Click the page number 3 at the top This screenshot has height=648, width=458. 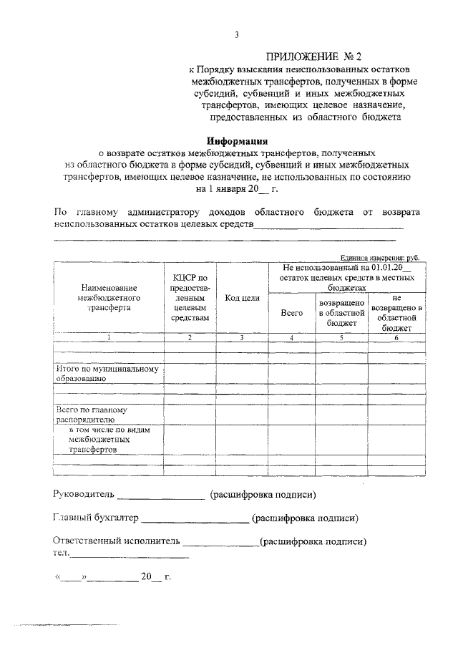235,35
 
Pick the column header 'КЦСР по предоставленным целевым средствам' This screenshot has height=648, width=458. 190,297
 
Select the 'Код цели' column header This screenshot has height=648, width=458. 242,297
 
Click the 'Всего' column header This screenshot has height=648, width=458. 291,313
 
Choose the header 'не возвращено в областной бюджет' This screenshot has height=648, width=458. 396,313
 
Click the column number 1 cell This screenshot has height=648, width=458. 109,337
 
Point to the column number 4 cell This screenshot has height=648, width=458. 291,337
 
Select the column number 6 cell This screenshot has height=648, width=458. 396,337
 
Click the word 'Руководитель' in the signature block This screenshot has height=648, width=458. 83,495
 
